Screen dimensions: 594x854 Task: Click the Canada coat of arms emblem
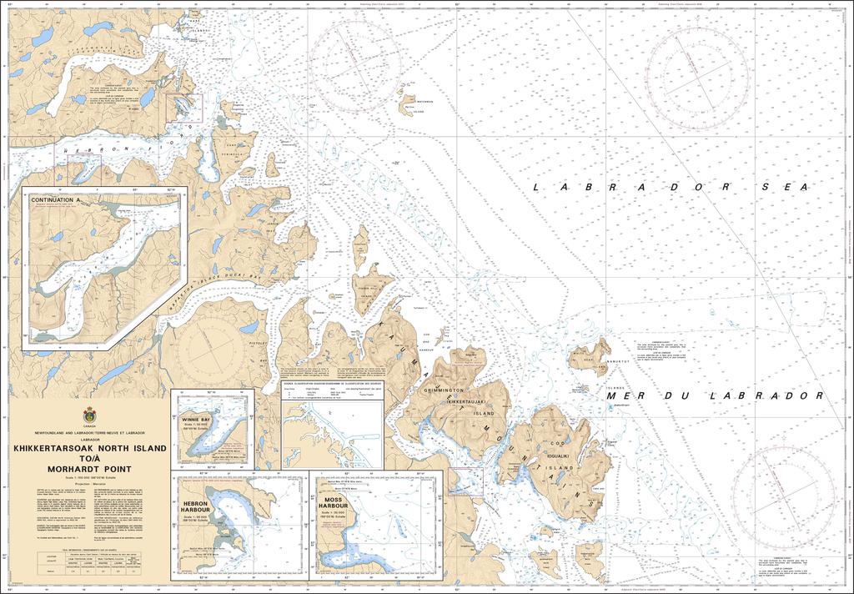click(x=89, y=416)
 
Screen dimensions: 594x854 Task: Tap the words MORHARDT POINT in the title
click(x=89, y=469)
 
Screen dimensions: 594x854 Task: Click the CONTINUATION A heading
click(x=56, y=201)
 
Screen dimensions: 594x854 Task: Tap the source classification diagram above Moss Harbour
click(x=331, y=430)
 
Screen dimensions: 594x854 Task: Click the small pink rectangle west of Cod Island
click(x=465, y=481)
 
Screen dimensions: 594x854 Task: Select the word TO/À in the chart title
click(x=89, y=459)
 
